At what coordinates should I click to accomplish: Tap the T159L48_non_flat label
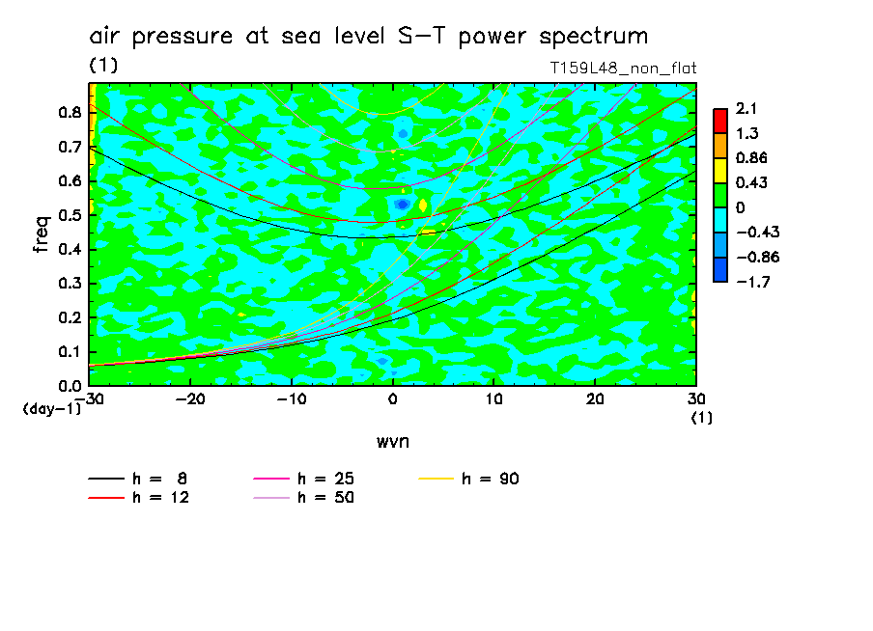[x=623, y=68]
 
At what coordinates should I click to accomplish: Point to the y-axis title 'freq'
[x=42, y=234]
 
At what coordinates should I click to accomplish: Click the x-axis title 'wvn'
[x=392, y=441]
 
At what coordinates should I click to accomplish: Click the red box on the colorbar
[x=720, y=120]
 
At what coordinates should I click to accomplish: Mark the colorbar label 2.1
[x=745, y=108]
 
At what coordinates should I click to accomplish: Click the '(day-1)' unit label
[x=51, y=409]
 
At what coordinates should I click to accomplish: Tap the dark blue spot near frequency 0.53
[x=403, y=205]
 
